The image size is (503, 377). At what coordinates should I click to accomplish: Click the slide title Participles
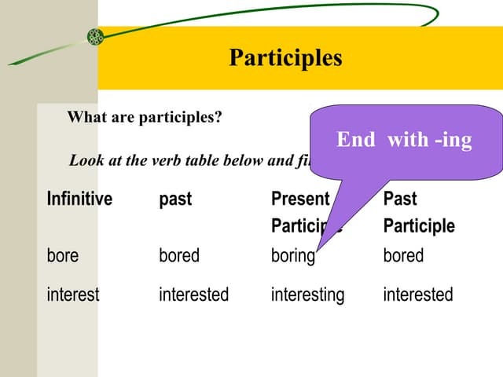pos(285,58)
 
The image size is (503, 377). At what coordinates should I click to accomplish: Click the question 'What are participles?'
pos(145,118)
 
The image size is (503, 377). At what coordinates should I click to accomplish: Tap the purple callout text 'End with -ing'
pos(404,140)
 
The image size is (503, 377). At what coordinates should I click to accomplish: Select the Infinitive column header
pos(79,199)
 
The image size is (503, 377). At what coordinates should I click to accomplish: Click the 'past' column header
pos(174,199)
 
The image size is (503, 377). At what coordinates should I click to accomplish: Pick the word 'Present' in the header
pos(299,199)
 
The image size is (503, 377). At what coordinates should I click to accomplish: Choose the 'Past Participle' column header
pos(418,213)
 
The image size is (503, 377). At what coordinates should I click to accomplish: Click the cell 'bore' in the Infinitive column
pos(63,255)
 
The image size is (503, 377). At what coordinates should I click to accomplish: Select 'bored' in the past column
pos(179,255)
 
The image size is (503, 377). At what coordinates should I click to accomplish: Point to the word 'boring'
pos(292,256)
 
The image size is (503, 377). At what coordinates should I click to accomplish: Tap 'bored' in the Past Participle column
pos(403,255)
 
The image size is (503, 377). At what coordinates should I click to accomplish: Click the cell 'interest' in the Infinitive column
pos(73,295)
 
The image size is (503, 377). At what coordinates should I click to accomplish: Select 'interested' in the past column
pos(193,295)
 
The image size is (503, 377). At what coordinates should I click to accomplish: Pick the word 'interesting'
pos(307,295)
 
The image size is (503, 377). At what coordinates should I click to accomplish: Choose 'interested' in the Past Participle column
pos(417,295)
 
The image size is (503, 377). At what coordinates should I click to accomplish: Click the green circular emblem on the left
pos(96,36)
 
